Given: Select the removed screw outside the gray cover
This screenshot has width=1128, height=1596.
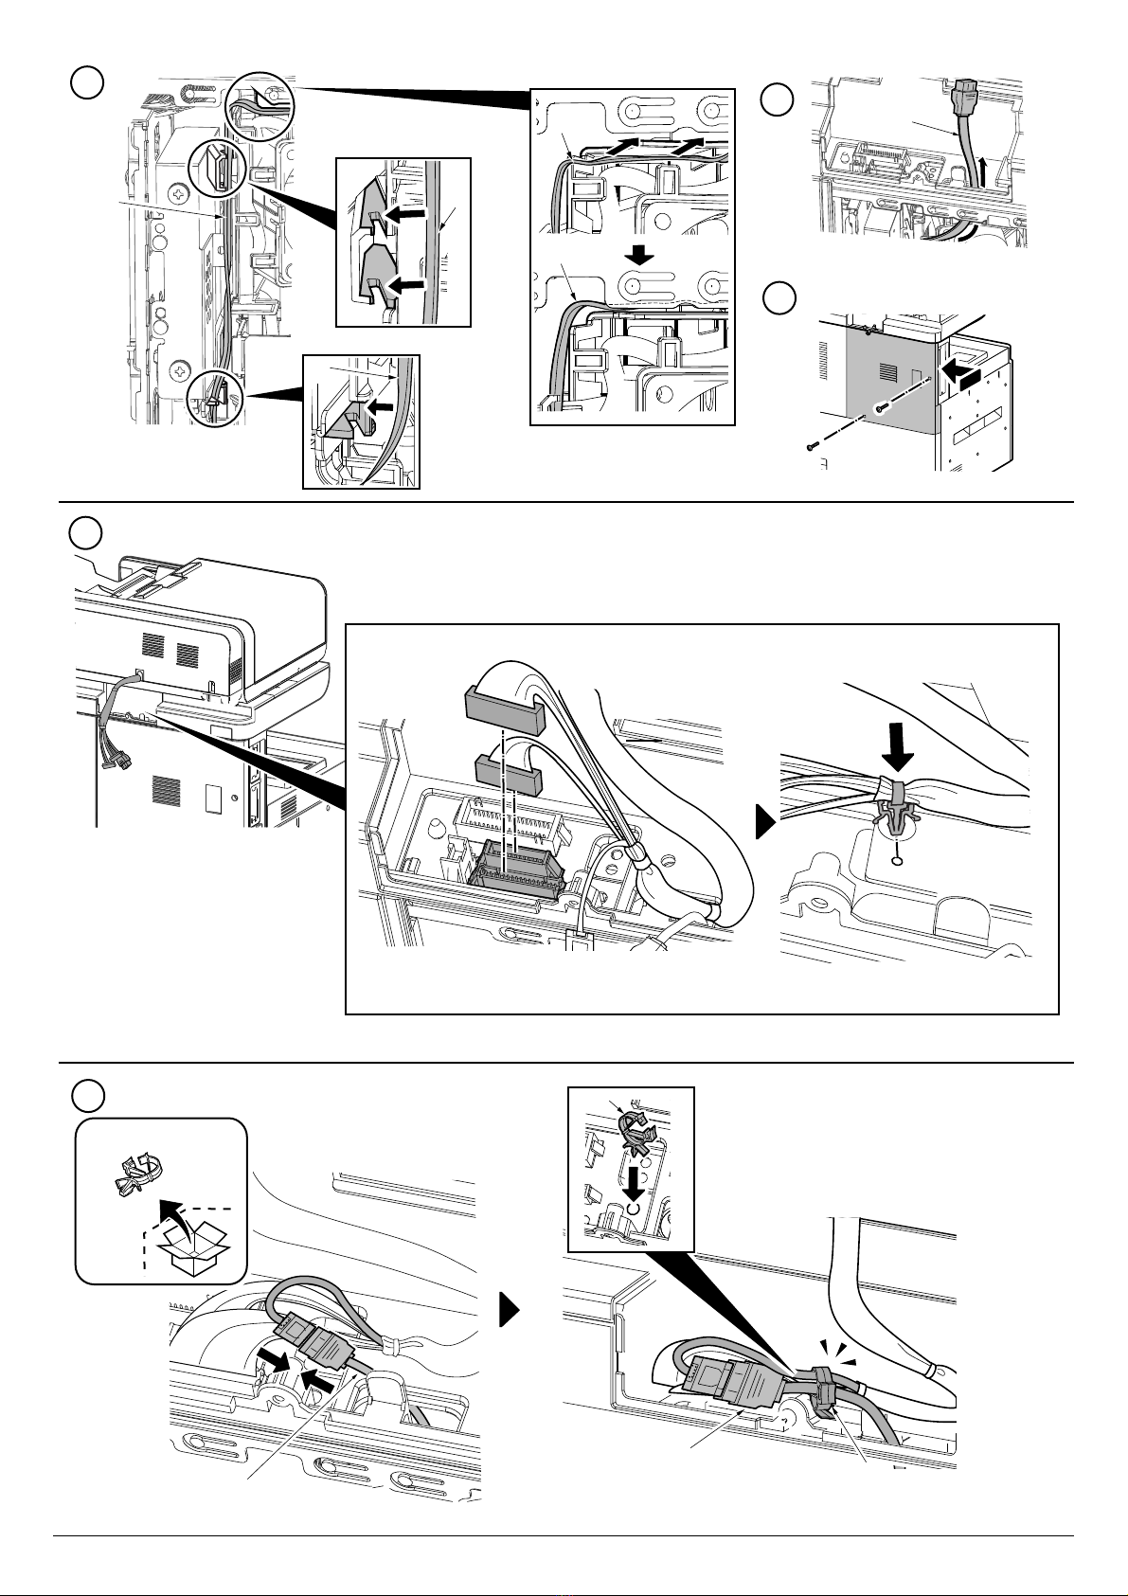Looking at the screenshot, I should point(812,445).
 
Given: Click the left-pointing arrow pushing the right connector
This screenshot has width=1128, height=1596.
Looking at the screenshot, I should point(318,1384).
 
